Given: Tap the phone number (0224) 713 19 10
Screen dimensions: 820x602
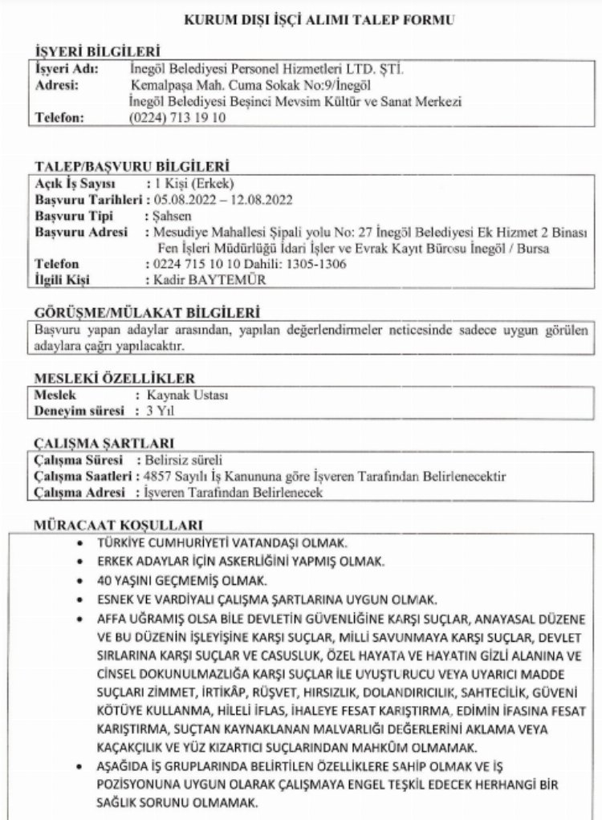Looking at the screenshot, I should tap(177, 116).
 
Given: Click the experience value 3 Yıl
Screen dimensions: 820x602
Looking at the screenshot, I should tap(155, 411).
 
